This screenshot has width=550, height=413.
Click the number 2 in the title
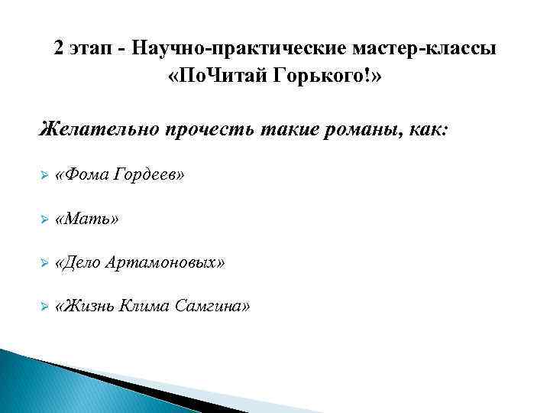coord(60,48)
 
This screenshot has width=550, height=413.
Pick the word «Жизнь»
coord(88,307)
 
